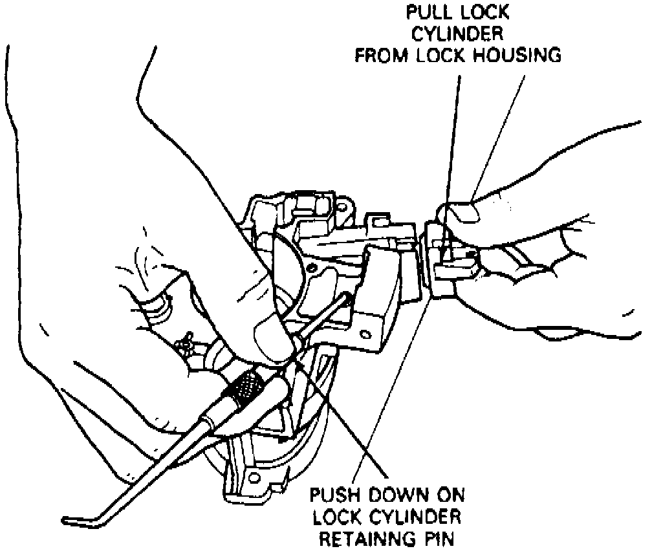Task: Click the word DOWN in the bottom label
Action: click(401, 497)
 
